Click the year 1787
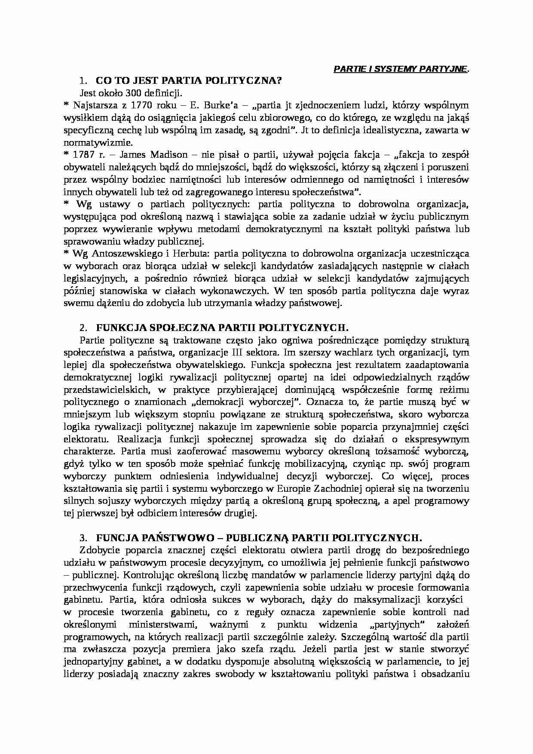(82, 155)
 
